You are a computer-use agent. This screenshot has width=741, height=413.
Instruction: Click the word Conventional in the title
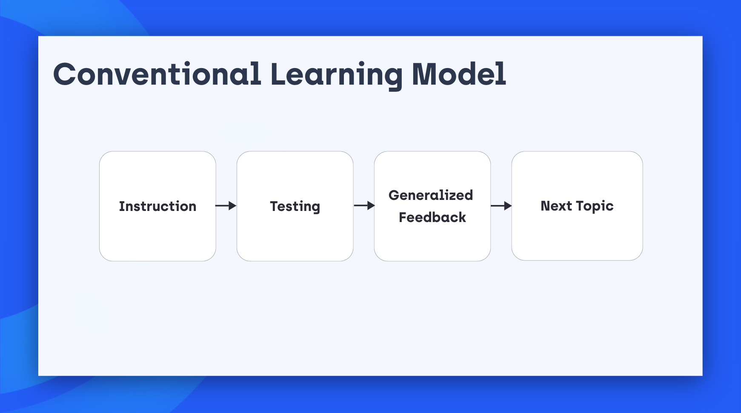[x=157, y=74]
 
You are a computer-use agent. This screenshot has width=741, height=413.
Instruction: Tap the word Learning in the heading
[x=337, y=76]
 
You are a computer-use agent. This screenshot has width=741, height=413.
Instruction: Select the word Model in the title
[x=459, y=74]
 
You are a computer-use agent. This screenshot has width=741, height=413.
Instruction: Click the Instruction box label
[x=157, y=206]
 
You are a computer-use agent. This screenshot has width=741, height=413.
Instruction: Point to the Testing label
[x=295, y=207]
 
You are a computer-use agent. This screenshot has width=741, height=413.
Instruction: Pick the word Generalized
[x=431, y=195]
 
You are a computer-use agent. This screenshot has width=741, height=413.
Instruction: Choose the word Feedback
[x=432, y=217]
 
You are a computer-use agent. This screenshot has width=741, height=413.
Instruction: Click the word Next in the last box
[x=556, y=206]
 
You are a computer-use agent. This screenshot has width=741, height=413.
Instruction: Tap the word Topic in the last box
[x=595, y=207]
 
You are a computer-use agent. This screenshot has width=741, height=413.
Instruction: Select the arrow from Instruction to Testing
[x=226, y=206]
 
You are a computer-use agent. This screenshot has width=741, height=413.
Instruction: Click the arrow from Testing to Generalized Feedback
[x=364, y=206]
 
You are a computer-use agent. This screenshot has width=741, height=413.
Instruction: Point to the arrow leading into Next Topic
[x=501, y=206]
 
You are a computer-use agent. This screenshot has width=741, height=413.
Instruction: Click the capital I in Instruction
[x=121, y=206]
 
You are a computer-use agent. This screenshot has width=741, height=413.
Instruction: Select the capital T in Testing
[x=275, y=206]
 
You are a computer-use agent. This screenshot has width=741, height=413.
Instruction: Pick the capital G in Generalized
[x=395, y=195]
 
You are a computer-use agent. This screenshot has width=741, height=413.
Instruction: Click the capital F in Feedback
[x=403, y=217]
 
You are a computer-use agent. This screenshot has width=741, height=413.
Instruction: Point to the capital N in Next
[x=546, y=206]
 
